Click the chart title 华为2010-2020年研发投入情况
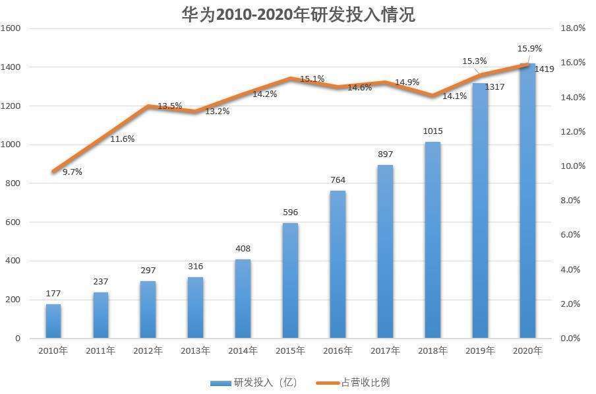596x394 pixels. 298,15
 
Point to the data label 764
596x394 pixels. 338,180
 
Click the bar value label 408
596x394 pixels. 243,249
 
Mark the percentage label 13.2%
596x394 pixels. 218,112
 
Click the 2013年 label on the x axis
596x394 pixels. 195,351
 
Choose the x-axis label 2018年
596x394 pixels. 432,351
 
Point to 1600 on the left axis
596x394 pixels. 11,28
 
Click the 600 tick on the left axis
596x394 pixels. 14,222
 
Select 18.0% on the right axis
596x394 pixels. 572,28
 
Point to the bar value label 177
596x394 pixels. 53,293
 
